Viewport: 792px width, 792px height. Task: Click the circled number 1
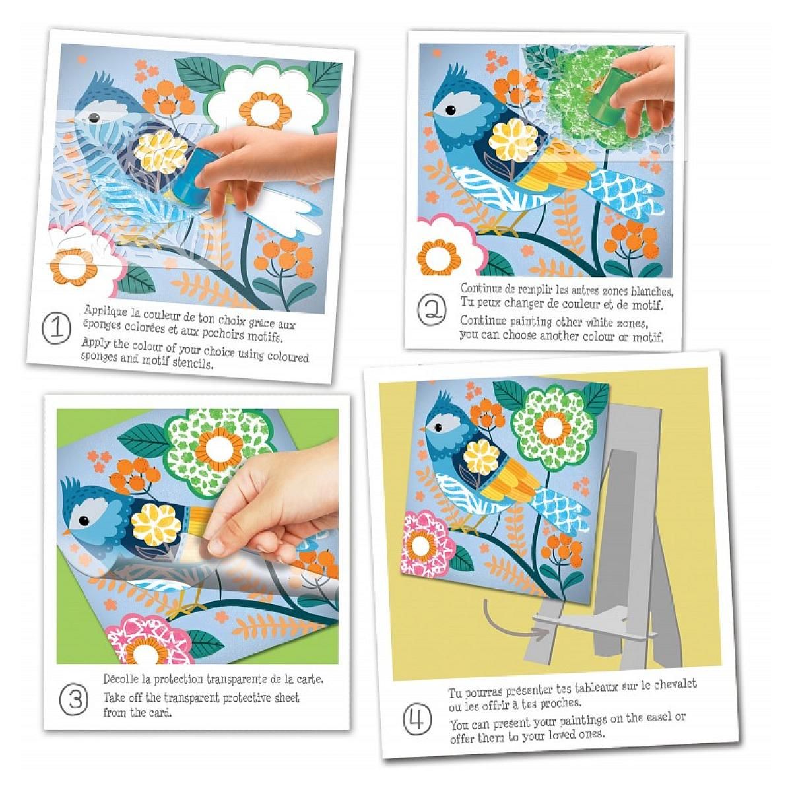tap(56, 329)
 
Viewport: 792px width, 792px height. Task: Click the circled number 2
tap(432, 310)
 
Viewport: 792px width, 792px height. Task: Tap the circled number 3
tap(74, 700)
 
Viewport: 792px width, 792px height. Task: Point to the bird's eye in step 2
tap(451, 110)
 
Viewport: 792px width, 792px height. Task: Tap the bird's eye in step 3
tap(83, 521)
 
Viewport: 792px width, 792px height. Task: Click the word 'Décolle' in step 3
tap(120, 678)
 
